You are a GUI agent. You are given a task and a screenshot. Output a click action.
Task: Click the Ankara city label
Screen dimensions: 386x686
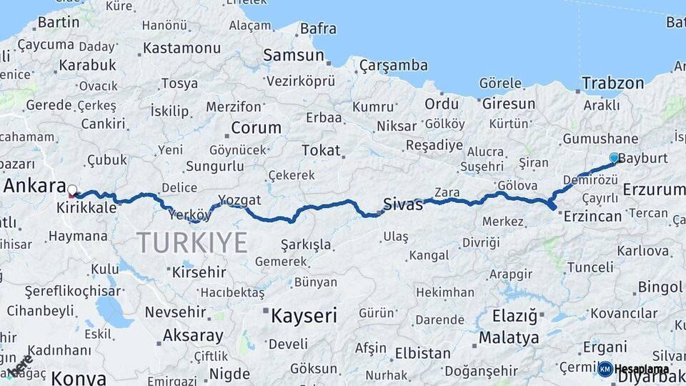pos(34,186)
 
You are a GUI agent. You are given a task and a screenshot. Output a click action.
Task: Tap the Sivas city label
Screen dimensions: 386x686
pos(403,203)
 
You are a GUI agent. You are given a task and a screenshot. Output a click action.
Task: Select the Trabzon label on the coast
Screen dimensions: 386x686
pos(612,83)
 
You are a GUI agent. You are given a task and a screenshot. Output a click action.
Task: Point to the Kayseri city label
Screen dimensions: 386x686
pos(304,315)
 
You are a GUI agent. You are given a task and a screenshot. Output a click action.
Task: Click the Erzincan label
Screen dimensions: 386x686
pos(592,217)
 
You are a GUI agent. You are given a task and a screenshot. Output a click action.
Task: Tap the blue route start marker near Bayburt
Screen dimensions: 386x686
pos(614,157)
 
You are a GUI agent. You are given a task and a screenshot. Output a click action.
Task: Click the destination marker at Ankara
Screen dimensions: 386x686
pos(72,191)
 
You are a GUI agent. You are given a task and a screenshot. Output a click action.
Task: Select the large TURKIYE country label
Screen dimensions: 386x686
pos(192,242)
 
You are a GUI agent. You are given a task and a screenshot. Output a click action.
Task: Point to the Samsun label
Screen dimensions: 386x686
pos(289,55)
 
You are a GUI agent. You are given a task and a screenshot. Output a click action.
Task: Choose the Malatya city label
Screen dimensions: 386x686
pos(509,337)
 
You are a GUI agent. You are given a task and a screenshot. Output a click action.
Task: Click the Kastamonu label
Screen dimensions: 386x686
pos(182,49)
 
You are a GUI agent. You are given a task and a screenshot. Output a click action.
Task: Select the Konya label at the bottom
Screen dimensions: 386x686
pos(79,378)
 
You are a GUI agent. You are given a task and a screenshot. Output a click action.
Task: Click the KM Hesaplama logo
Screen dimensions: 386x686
pos(633,369)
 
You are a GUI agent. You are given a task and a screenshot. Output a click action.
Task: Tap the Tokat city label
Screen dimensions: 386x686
pos(321,150)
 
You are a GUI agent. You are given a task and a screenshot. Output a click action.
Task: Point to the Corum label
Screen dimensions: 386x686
pos(256,129)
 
